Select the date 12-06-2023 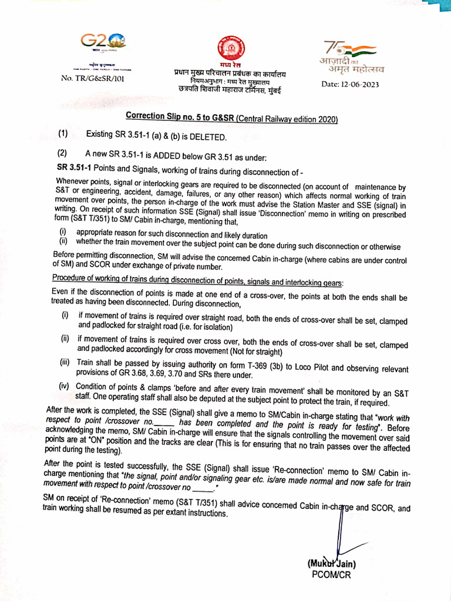(x=350, y=85)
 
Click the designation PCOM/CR (x=331, y=575)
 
